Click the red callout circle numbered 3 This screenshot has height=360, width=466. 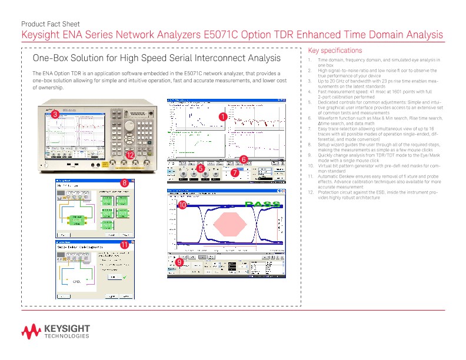[54, 115]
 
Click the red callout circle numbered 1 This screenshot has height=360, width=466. [223, 117]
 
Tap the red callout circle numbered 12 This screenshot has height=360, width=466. [130, 155]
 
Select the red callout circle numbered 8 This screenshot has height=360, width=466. [124, 183]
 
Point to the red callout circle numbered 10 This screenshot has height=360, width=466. [182, 205]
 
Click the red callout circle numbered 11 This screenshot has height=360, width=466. [124, 244]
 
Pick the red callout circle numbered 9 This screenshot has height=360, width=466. [179, 262]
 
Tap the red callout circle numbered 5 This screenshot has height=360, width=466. [201, 168]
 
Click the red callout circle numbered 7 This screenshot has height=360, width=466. [234, 173]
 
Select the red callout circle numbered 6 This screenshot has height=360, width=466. [244, 159]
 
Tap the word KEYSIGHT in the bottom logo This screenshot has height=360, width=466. [66, 328]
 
